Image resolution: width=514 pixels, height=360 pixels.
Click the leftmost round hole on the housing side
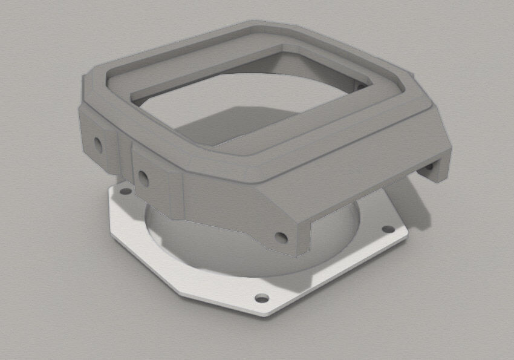[x=96, y=144]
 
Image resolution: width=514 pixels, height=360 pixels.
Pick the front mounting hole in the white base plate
[x=261, y=298]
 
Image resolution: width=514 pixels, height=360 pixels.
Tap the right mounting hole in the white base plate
[x=385, y=230]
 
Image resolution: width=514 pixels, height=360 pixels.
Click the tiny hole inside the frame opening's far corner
[x=361, y=86]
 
